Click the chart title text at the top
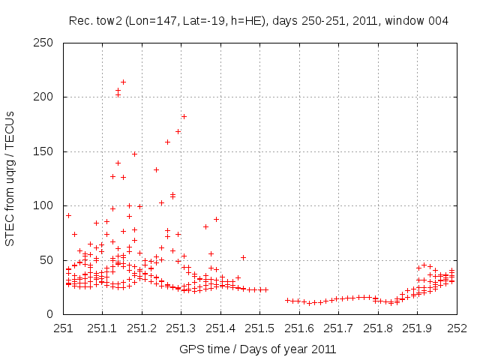click(x=259, y=20)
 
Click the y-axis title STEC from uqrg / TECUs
click(x=10, y=178)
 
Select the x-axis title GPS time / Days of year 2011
click(x=258, y=349)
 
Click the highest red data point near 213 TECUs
click(x=123, y=82)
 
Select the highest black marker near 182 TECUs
click(x=184, y=116)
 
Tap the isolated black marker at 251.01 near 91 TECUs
click(x=68, y=215)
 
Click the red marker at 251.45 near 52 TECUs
click(x=243, y=257)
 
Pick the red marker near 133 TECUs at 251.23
click(x=156, y=169)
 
